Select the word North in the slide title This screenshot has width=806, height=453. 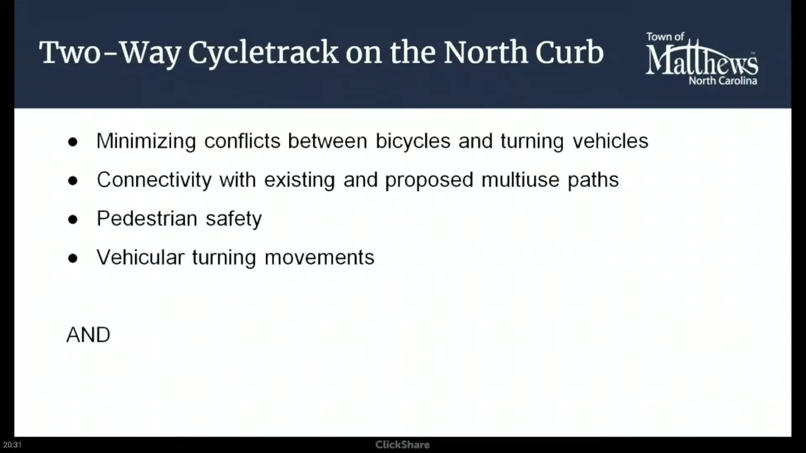(x=485, y=52)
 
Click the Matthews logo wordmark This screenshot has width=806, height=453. (x=702, y=59)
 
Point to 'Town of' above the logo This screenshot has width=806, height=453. (x=665, y=37)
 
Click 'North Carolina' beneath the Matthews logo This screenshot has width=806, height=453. (x=723, y=81)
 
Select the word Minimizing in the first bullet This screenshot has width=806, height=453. (x=146, y=141)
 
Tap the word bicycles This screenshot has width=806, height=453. (x=413, y=141)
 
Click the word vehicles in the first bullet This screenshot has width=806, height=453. (x=611, y=141)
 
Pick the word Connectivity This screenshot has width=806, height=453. (x=154, y=180)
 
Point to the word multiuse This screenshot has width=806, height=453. (x=521, y=180)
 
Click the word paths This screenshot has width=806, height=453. (x=593, y=180)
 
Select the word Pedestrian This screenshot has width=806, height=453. (x=147, y=219)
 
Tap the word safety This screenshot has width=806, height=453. (x=234, y=219)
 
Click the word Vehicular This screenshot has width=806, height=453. (x=141, y=257)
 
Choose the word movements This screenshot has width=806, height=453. (x=319, y=258)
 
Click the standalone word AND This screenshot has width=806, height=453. (x=88, y=335)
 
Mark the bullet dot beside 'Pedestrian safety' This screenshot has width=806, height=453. (x=73, y=219)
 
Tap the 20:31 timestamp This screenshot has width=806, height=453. (x=12, y=445)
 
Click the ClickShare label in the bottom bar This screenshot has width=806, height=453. (x=403, y=445)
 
